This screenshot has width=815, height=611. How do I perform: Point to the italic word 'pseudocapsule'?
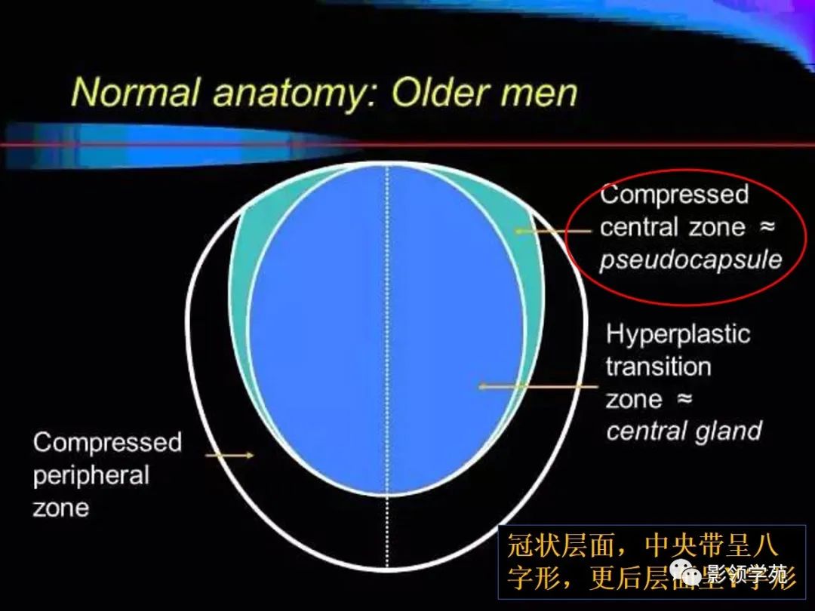(690, 260)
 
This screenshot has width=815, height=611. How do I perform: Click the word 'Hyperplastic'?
(678, 334)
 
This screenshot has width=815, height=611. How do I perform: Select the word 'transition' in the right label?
(658, 367)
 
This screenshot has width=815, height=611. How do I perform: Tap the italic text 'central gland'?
(684, 431)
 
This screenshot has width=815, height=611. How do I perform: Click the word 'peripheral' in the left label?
(91, 475)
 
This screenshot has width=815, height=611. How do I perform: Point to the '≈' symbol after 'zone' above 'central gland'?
(683, 400)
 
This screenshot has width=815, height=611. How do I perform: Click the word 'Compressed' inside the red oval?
(674, 195)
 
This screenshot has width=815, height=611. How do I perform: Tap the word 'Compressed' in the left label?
(107, 442)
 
